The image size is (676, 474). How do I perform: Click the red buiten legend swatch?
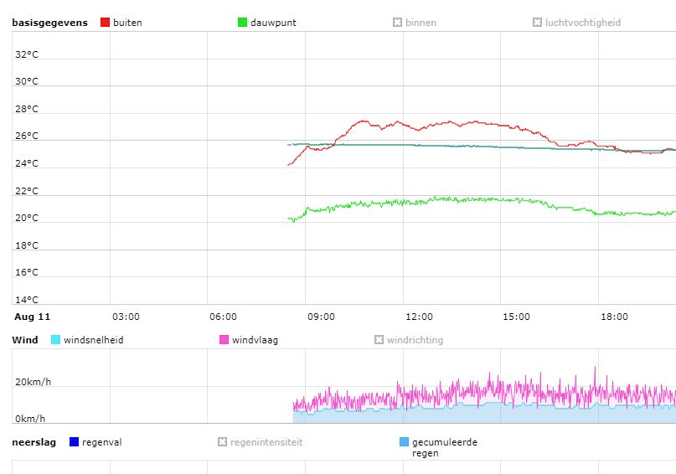tap(105, 23)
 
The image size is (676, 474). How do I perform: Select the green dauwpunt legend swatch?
tap(243, 23)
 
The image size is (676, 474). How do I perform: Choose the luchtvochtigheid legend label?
tap(582, 23)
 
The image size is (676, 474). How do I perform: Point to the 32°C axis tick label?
tap(26, 54)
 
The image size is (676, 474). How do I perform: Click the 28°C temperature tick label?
tap(26, 109)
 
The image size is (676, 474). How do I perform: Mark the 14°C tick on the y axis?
tap(26, 300)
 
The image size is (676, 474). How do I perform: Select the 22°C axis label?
tap(26, 191)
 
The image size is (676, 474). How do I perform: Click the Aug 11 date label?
tap(33, 317)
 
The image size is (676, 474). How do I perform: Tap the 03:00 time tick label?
tap(126, 317)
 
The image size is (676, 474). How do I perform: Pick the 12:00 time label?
tap(419, 317)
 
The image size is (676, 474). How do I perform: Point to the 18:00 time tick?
tap(614, 317)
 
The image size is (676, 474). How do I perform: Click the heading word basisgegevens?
tap(49, 23)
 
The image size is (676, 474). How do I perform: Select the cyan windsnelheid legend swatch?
tap(56, 340)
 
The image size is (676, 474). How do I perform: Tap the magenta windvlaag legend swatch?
tap(224, 340)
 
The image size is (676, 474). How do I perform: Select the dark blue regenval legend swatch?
tap(74, 442)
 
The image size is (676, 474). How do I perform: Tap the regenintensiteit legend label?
tap(266, 442)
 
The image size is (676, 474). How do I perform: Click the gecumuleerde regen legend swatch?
tap(405, 442)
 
